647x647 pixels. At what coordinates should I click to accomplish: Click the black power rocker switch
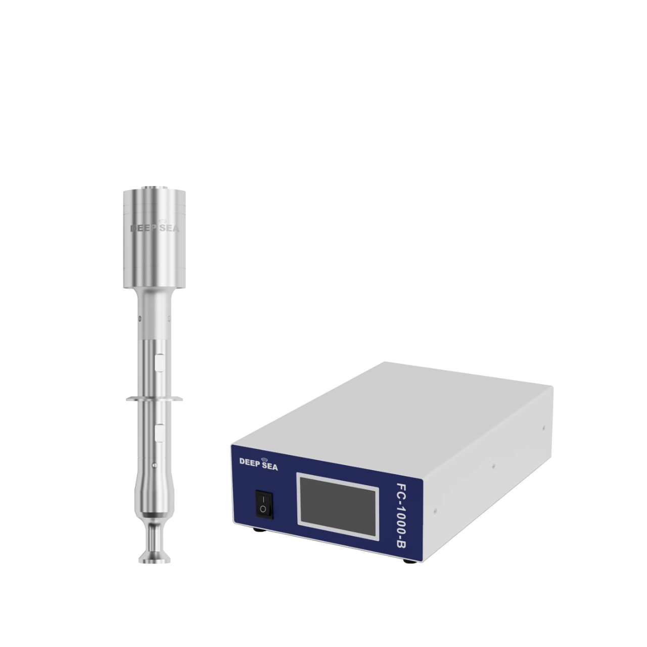[264, 504]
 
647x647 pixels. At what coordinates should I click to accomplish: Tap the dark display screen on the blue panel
[339, 507]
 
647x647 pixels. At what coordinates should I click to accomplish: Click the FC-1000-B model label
[402, 516]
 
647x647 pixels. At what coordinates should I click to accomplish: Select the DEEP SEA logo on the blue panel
[258, 464]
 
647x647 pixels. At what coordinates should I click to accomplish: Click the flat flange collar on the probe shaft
[154, 399]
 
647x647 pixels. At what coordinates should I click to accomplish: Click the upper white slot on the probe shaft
[160, 362]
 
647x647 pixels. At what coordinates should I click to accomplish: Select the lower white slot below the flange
[160, 433]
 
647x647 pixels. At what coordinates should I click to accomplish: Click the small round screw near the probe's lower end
[154, 466]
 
